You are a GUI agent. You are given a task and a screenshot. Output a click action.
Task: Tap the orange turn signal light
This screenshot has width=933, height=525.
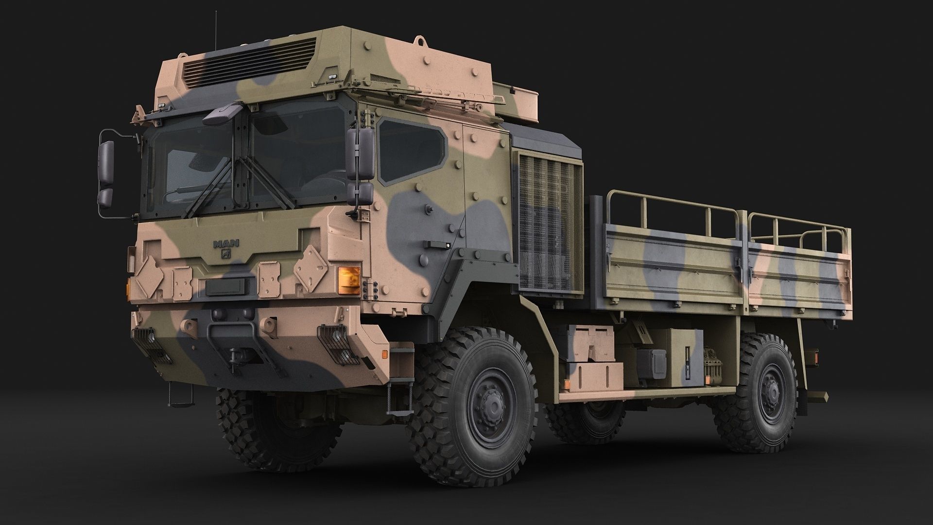349,280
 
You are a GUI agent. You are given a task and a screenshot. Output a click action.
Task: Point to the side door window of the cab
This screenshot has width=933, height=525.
412,150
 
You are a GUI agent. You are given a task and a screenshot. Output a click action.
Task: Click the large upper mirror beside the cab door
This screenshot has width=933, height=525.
360,153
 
